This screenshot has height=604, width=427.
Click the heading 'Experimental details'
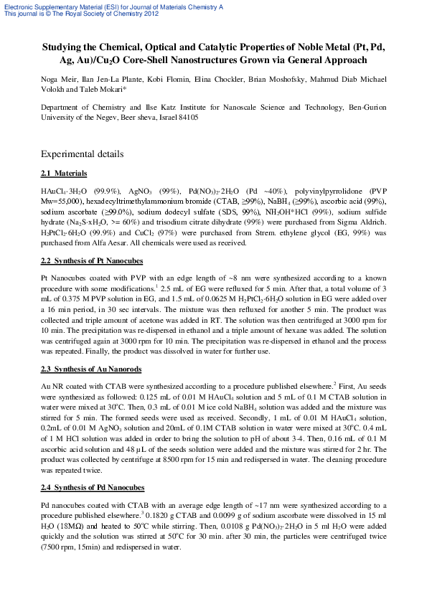(83, 154)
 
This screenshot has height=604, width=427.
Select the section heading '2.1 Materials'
(64, 174)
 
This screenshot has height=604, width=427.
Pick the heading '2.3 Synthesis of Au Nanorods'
(91, 369)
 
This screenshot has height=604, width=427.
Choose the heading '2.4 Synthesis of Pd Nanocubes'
(93, 488)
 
